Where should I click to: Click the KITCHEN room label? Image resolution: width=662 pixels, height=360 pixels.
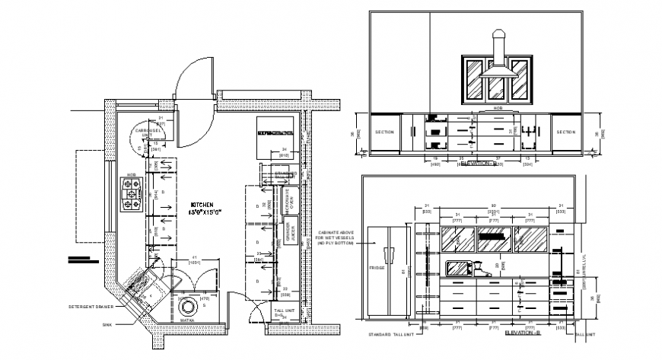pos(202,205)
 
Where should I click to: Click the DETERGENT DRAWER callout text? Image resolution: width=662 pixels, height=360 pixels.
pos(90,307)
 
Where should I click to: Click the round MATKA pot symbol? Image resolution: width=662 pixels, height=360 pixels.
pos(188,308)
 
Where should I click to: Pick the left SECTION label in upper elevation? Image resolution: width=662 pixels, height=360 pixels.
pos(385,132)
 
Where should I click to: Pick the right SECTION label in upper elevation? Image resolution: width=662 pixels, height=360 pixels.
pos(565,132)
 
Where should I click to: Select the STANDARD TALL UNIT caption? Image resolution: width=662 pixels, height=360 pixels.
pos(388,334)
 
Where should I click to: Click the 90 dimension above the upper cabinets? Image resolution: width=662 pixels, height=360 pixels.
pos(493,205)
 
